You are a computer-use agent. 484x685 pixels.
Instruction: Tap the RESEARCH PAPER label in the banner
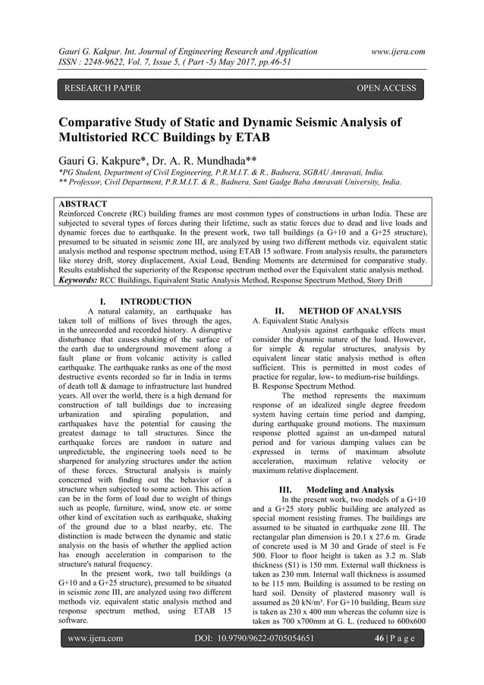click(x=103, y=89)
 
